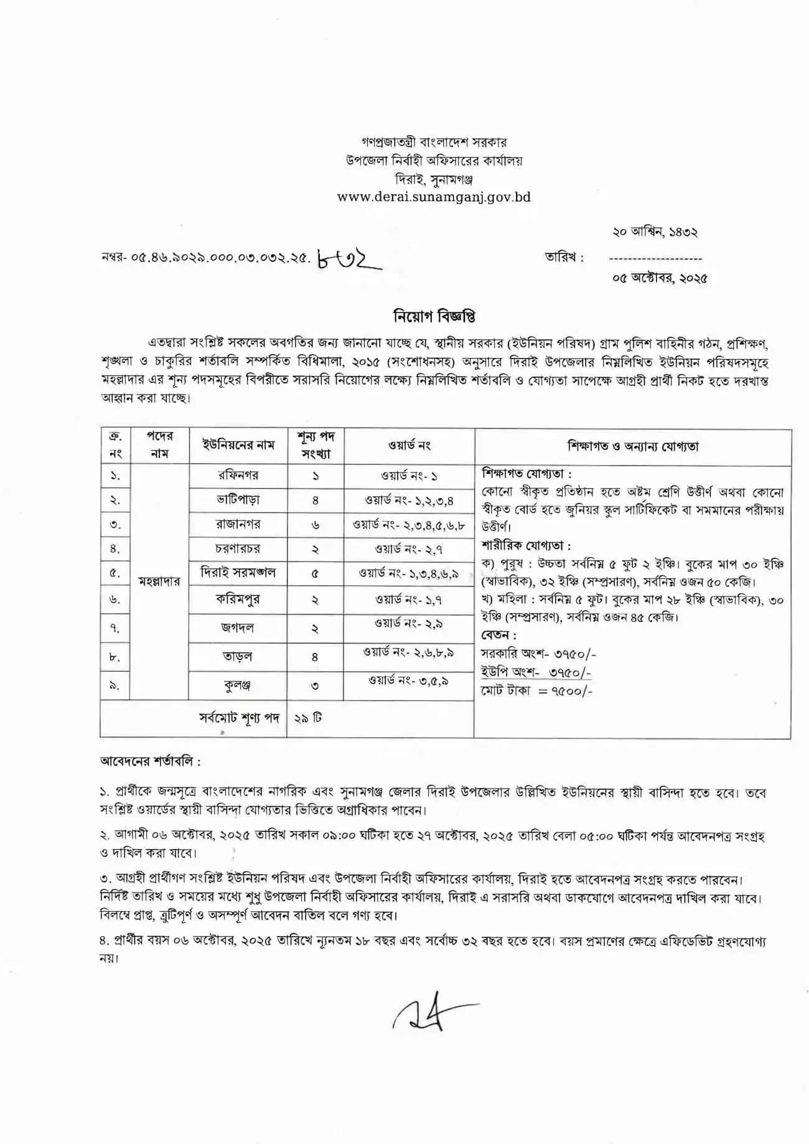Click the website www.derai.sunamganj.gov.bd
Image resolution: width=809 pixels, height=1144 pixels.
(434, 197)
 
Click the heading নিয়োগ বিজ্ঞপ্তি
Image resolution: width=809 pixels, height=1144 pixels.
(435, 317)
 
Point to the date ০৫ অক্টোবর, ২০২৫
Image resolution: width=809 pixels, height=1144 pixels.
(660, 279)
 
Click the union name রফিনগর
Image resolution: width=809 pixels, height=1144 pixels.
(238, 476)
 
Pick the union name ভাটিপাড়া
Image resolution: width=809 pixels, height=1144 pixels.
(238, 500)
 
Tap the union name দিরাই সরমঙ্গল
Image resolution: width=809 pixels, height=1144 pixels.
(238, 573)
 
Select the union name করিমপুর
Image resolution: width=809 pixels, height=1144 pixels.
(238, 599)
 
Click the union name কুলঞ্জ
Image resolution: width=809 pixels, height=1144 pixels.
(238, 685)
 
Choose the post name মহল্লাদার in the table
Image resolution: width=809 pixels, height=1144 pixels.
(159, 581)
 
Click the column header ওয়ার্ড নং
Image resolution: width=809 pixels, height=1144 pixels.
(409, 446)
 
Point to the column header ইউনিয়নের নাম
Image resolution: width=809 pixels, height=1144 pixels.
(238, 446)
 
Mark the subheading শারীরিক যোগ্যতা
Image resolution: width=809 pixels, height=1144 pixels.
(526, 546)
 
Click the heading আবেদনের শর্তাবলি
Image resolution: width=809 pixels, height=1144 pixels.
(150, 761)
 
